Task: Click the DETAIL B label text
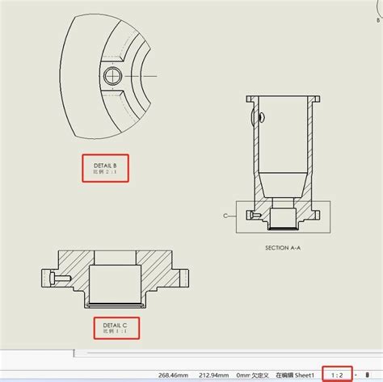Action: tap(106, 165)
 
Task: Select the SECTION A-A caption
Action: tap(288, 248)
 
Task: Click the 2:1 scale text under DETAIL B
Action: tap(106, 173)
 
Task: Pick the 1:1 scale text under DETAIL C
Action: tap(116, 330)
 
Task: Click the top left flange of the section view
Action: tap(251, 99)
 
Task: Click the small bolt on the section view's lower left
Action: tap(255, 216)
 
